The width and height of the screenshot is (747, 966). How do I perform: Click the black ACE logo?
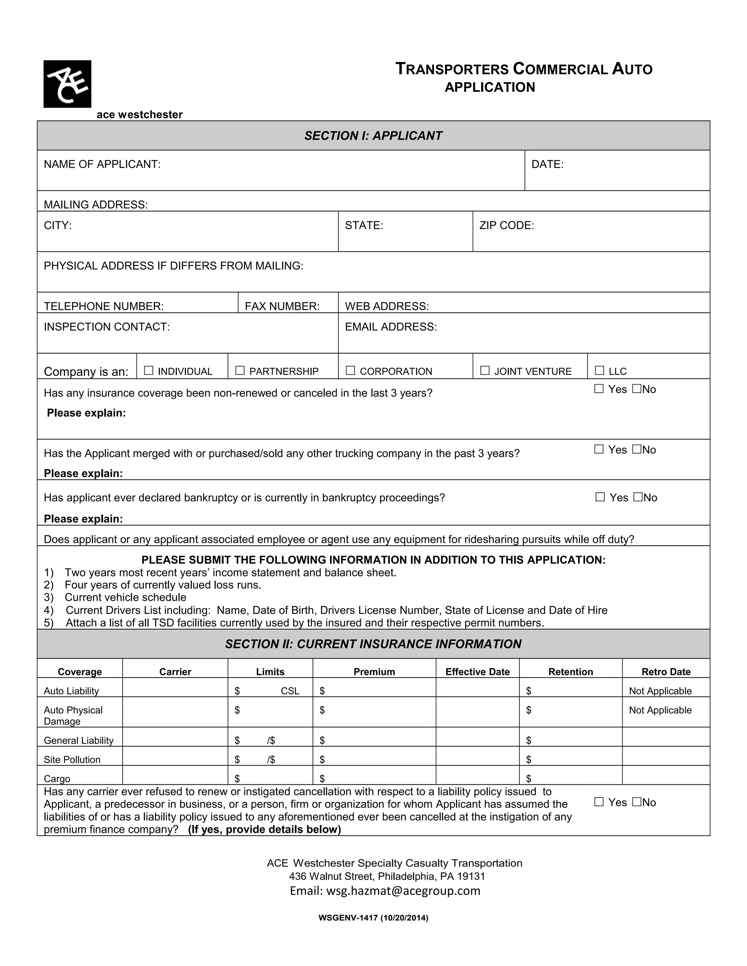click(67, 84)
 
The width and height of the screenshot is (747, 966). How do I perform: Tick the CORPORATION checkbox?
click(350, 370)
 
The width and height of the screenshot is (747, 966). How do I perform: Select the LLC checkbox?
click(599, 370)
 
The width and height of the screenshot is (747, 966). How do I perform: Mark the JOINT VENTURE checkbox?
click(485, 370)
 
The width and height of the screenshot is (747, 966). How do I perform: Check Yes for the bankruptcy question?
click(600, 497)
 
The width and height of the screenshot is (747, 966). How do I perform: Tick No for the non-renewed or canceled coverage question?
click(637, 389)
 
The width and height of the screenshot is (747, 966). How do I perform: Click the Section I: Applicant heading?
click(373, 136)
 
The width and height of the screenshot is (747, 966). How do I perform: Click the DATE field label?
click(547, 164)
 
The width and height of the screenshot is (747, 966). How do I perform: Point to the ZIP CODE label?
click(507, 226)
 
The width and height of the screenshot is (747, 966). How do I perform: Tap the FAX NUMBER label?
click(282, 306)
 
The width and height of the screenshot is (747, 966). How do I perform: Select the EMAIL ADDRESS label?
click(391, 327)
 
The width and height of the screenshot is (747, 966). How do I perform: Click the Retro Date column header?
click(666, 672)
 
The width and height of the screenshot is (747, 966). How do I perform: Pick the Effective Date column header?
click(477, 672)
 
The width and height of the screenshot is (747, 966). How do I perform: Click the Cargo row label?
click(57, 779)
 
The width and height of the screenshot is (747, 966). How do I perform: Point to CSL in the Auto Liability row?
click(290, 691)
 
